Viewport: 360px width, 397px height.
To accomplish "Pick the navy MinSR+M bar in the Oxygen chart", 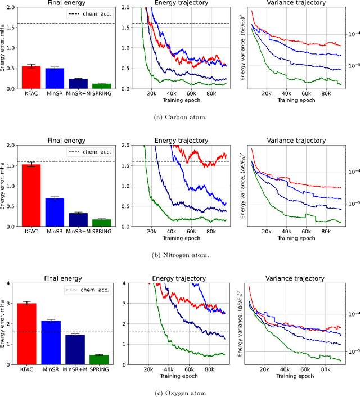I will pyautogui.click(x=76, y=349).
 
